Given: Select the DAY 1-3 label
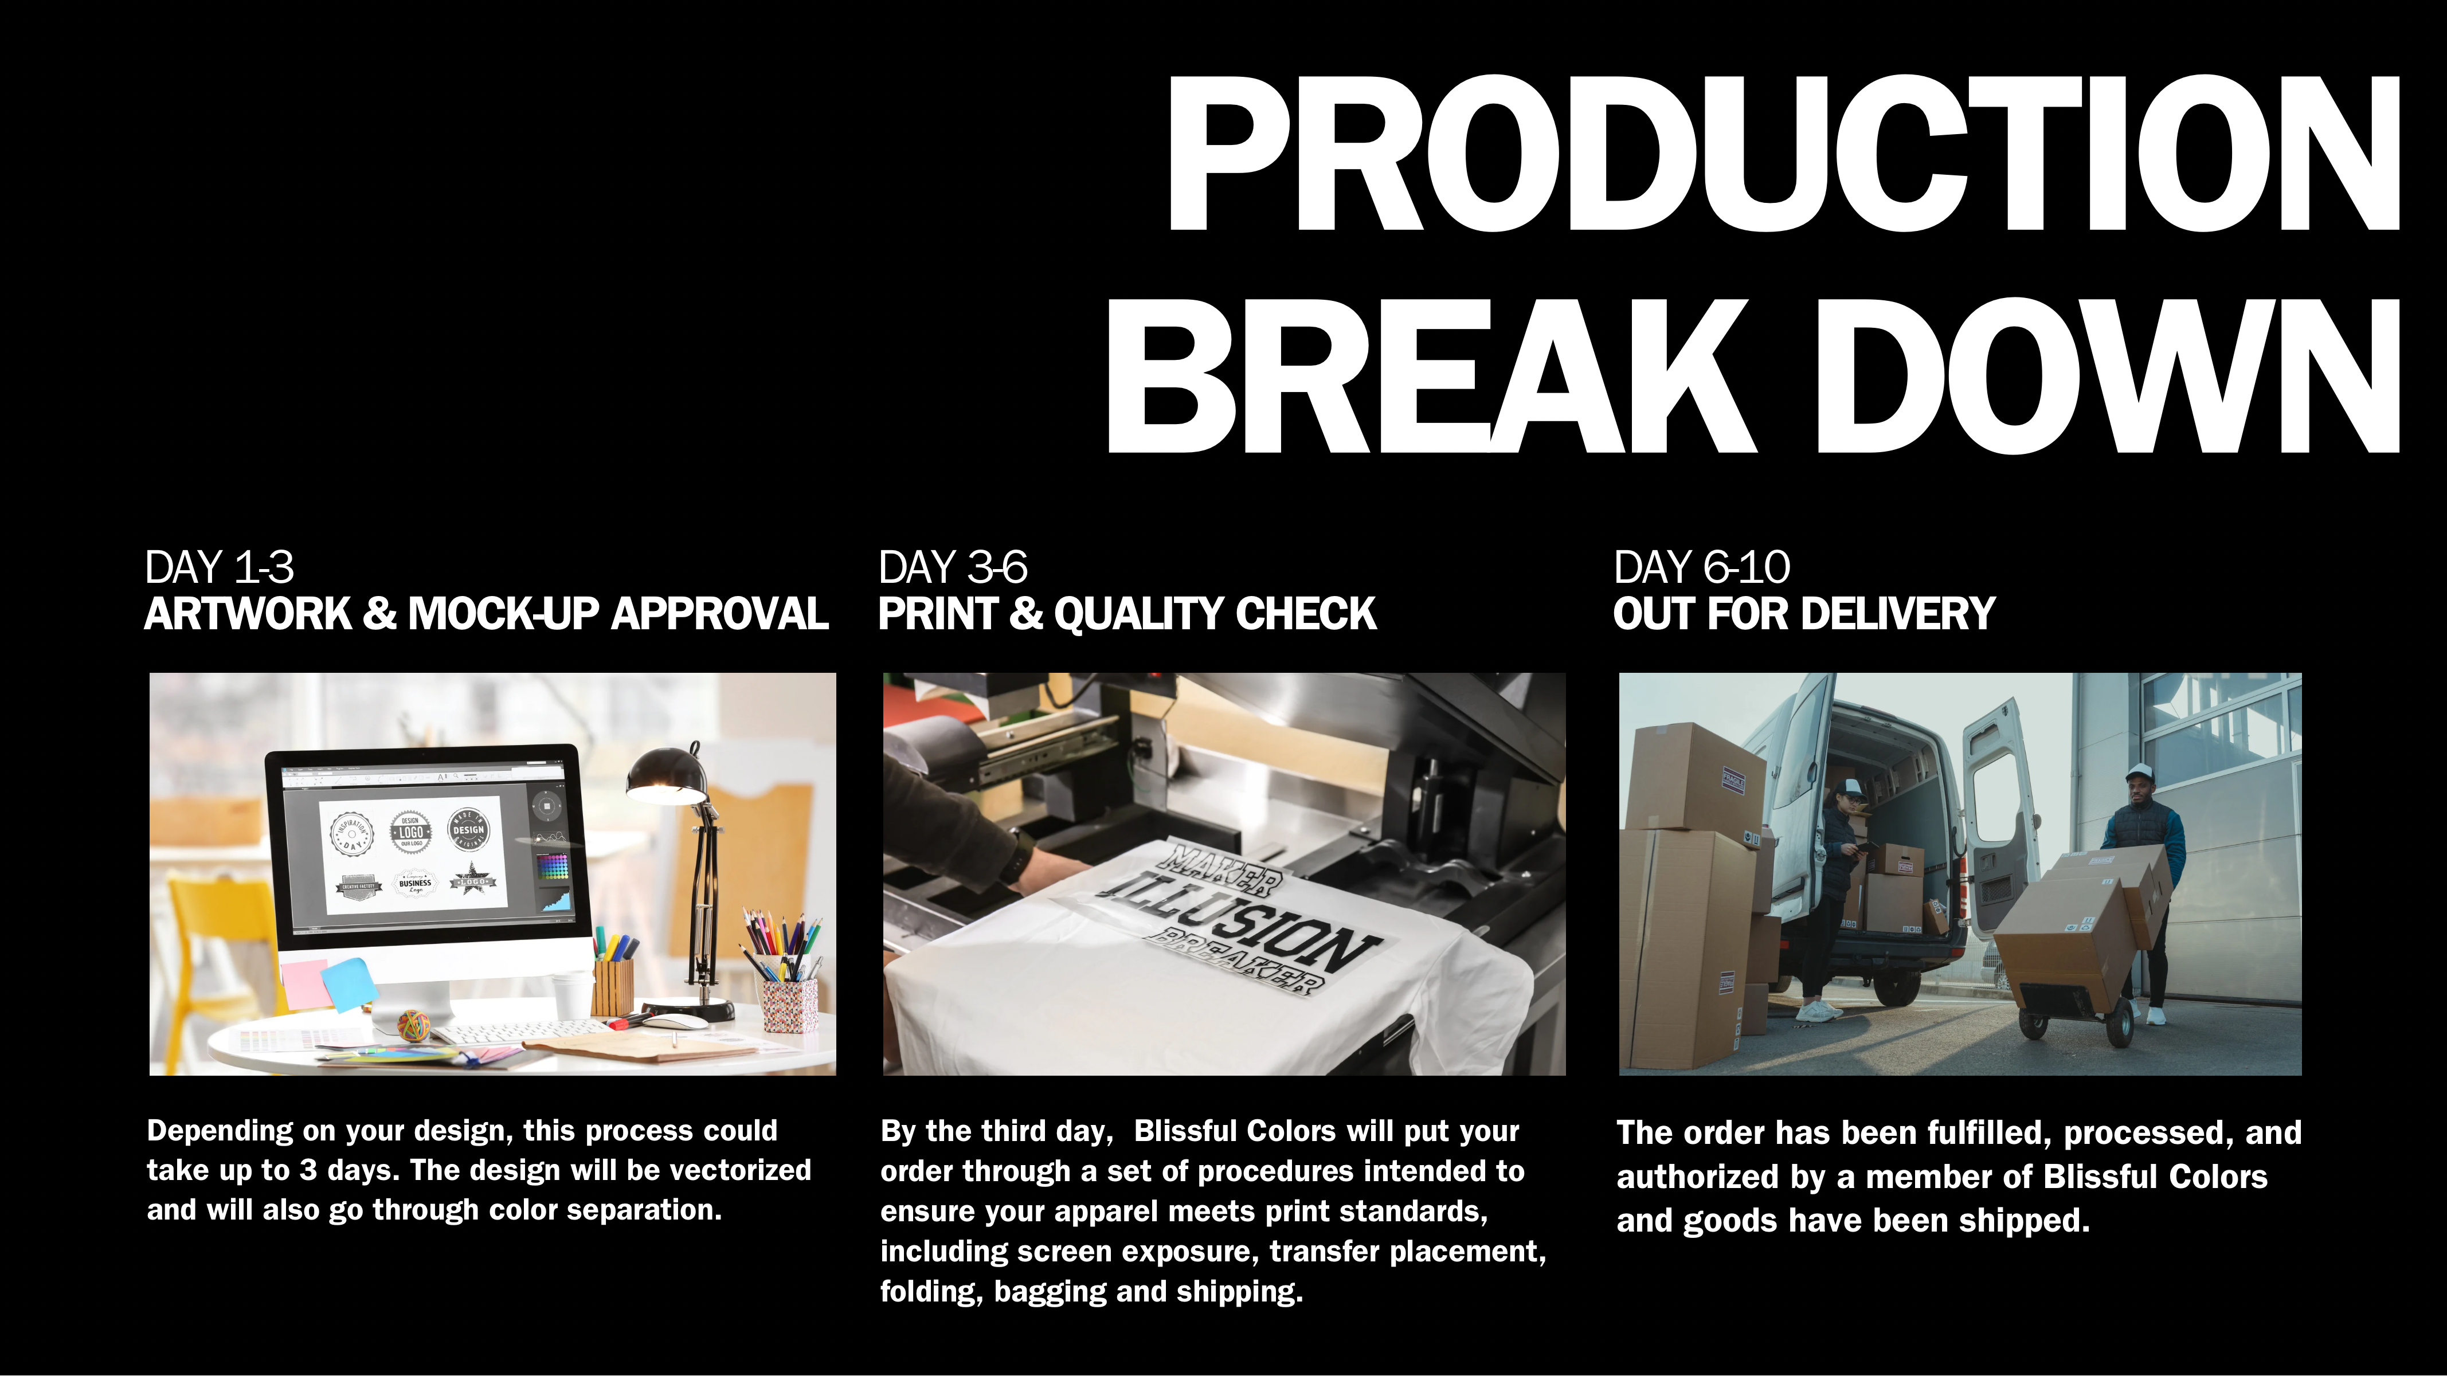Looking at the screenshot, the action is tap(220, 568).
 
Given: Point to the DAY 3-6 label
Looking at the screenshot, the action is tap(953, 568).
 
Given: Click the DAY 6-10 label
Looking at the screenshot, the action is tap(1701, 568).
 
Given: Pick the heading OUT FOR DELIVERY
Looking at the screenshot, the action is tap(1804, 613).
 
